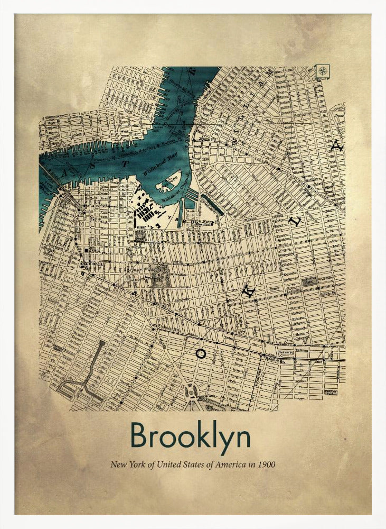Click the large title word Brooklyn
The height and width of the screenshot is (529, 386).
(x=190, y=436)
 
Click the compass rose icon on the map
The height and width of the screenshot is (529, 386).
(x=322, y=71)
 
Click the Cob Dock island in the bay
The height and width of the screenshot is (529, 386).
(x=170, y=180)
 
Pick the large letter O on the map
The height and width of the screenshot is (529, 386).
(x=200, y=353)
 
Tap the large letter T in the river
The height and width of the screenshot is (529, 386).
(x=125, y=164)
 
